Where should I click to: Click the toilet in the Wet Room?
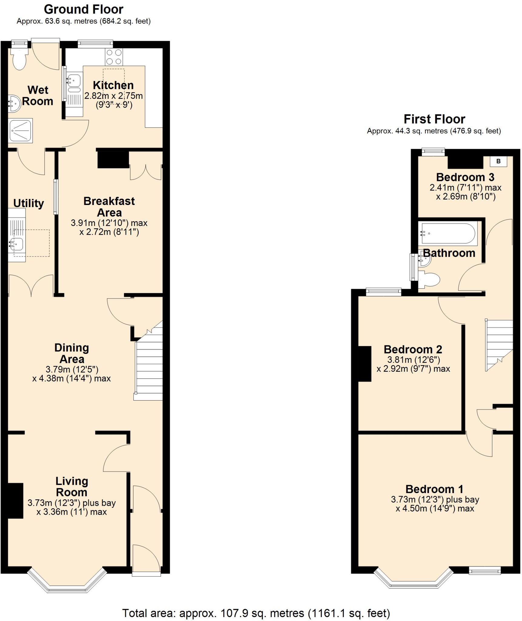pos(19,60)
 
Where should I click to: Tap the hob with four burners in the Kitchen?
pos(114,57)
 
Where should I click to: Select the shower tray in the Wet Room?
pos(20,131)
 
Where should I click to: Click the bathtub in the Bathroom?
pos(448,233)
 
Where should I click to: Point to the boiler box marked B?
pos(498,161)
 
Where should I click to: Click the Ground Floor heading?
pos(84,10)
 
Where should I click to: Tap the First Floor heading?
pos(434,119)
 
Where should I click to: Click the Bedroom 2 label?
pos(413,349)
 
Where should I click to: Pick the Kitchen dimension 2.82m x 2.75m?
pos(113,96)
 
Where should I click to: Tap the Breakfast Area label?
pos(109,207)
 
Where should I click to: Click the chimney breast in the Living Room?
pos(15,500)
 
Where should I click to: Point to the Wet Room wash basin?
pos(14,103)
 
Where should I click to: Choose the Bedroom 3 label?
pos(465,177)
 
